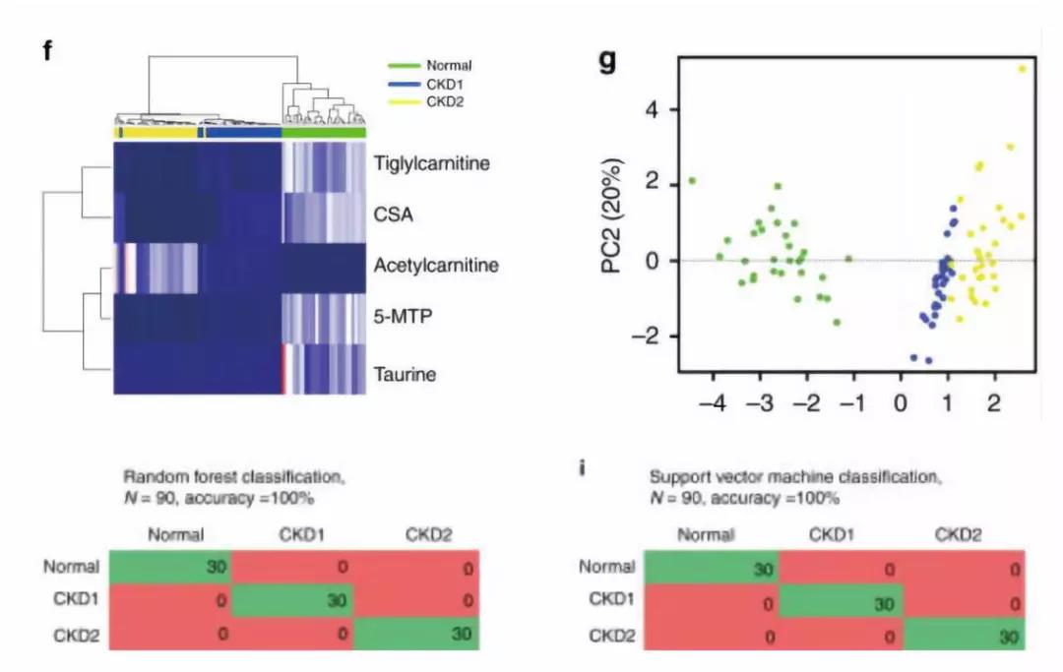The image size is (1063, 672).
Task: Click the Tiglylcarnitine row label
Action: click(x=431, y=162)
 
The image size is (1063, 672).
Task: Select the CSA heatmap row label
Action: click(x=394, y=214)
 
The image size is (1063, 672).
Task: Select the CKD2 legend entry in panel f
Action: click(x=442, y=100)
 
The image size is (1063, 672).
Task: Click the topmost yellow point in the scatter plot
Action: click(x=1022, y=69)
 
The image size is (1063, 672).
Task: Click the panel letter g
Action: click(x=608, y=60)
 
